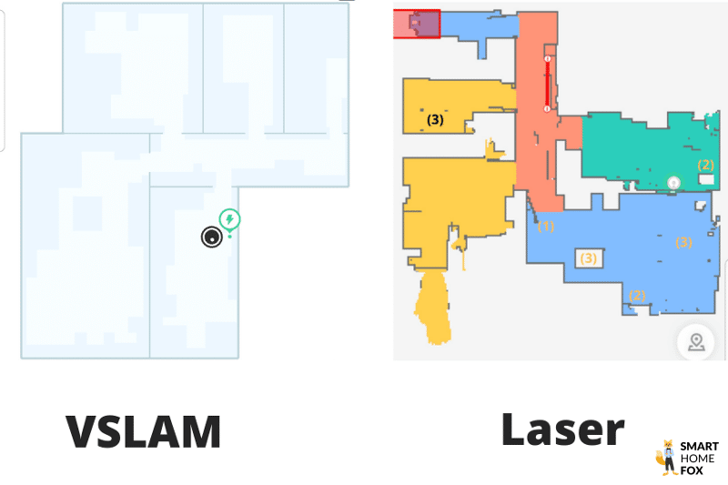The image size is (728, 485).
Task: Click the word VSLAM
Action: [144, 431]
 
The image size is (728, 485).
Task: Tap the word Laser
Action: [563, 429]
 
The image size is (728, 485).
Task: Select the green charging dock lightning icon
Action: [230, 219]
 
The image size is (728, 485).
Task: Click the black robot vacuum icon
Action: [212, 237]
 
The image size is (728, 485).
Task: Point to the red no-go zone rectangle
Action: [416, 24]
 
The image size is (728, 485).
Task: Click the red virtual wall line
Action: [547, 84]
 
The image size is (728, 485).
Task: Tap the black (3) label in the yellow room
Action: [435, 119]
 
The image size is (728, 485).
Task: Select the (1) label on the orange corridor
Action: [546, 225]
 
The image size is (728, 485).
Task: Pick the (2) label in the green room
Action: [705, 165]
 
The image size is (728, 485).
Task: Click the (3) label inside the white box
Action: [589, 258]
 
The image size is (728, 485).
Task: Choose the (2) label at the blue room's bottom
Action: [637, 295]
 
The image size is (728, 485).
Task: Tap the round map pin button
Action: [696, 342]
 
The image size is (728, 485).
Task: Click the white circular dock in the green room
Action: [673, 183]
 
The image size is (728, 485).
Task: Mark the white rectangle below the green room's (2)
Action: [705, 181]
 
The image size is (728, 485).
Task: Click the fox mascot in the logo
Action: [666, 457]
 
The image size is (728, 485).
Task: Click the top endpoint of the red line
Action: [547, 59]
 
